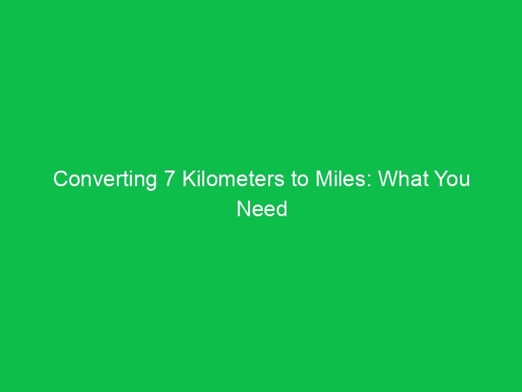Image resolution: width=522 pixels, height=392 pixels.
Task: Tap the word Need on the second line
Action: click(261, 209)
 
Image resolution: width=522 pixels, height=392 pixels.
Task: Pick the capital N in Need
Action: click(242, 209)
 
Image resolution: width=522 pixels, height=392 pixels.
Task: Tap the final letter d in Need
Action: click(281, 209)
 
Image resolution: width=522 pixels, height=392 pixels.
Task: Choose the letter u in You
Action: click(465, 181)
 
